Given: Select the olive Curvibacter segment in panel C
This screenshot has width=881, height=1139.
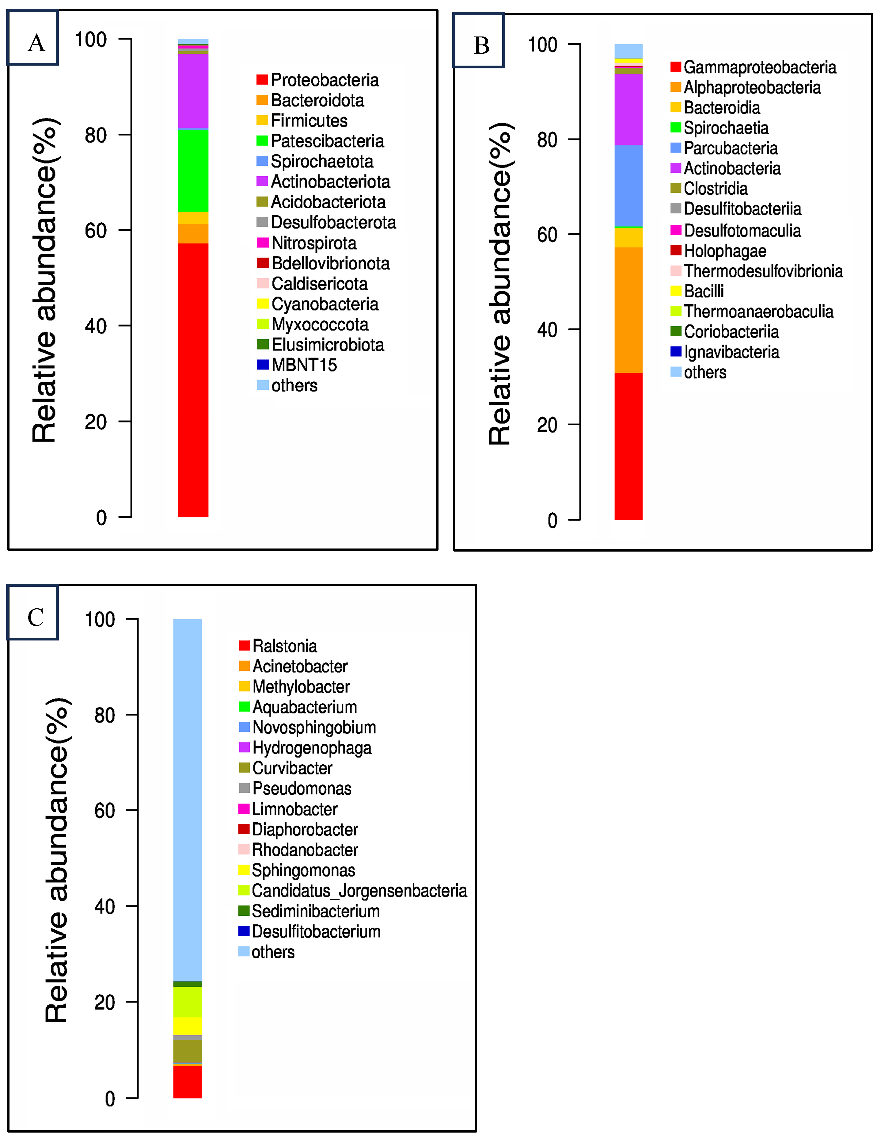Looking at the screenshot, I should pos(187,1051).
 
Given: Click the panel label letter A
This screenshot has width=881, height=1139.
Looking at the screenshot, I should pos(36,43).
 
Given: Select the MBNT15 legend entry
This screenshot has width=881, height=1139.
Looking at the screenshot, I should pos(304,365).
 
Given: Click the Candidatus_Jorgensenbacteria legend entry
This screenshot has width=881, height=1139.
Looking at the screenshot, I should pos(359,891).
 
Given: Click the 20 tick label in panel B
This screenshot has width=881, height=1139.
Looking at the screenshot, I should pos(547,425).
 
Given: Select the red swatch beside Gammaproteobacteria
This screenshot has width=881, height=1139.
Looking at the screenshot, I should pos(676,67).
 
